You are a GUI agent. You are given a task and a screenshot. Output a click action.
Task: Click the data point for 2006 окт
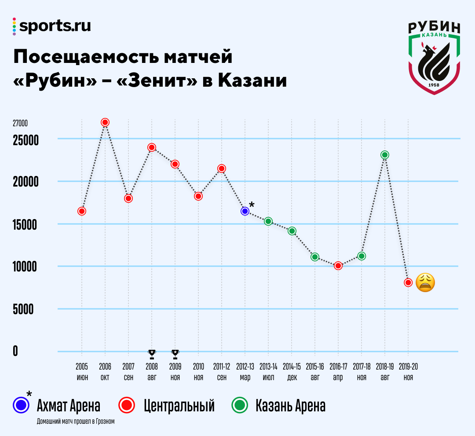(105, 122)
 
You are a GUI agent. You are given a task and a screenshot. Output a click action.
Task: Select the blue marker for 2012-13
(245, 211)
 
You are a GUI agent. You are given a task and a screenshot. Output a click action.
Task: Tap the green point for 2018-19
(385, 155)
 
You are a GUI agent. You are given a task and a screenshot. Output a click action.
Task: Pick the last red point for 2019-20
(408, 282)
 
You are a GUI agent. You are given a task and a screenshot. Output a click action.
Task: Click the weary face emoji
(425, 282)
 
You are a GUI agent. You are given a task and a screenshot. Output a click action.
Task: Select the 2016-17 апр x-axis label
(338, 372)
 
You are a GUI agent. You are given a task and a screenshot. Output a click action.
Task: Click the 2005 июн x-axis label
(82, 372)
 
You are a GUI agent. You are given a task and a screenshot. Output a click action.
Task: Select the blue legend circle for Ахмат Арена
(21, 406)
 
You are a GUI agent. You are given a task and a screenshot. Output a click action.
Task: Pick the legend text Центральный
(179, 406)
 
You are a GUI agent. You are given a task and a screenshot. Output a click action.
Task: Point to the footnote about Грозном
(76, 421)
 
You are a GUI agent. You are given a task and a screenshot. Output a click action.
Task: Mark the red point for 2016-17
(338, 266)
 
